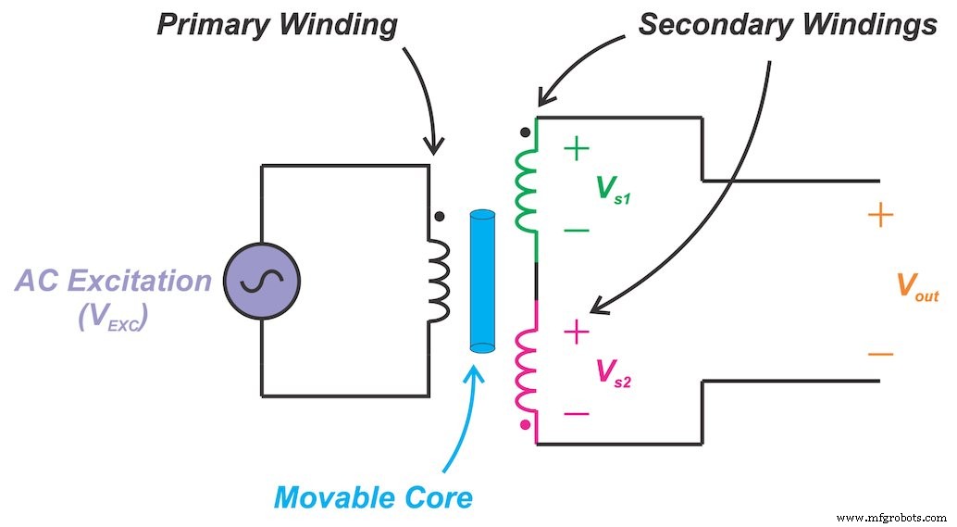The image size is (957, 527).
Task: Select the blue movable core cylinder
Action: point(482,282)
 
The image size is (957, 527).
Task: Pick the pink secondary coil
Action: point(526,370)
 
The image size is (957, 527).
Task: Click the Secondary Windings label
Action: point(787,25)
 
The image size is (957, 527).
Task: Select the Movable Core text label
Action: point(373,498)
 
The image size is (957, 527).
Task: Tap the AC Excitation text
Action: point(112,281)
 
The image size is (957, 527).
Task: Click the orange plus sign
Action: point(880,217)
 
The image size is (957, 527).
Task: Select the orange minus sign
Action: point(880,355)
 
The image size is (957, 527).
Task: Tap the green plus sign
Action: point(576,148)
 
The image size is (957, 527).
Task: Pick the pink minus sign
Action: point(576,413)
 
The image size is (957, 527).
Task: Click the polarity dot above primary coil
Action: point(439,217)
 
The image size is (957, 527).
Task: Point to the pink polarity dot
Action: point(526,425)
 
